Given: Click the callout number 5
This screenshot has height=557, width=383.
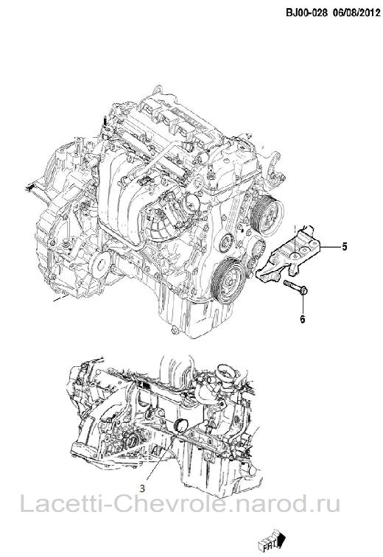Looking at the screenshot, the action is click(344, 247).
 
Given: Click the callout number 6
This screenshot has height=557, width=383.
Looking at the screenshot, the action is click(303, 319).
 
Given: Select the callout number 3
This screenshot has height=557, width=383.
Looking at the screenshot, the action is click(142, 488).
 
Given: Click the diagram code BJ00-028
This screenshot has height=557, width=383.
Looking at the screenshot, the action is click(306, 13).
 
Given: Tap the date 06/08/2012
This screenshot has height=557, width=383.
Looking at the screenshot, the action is click(355, 13).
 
